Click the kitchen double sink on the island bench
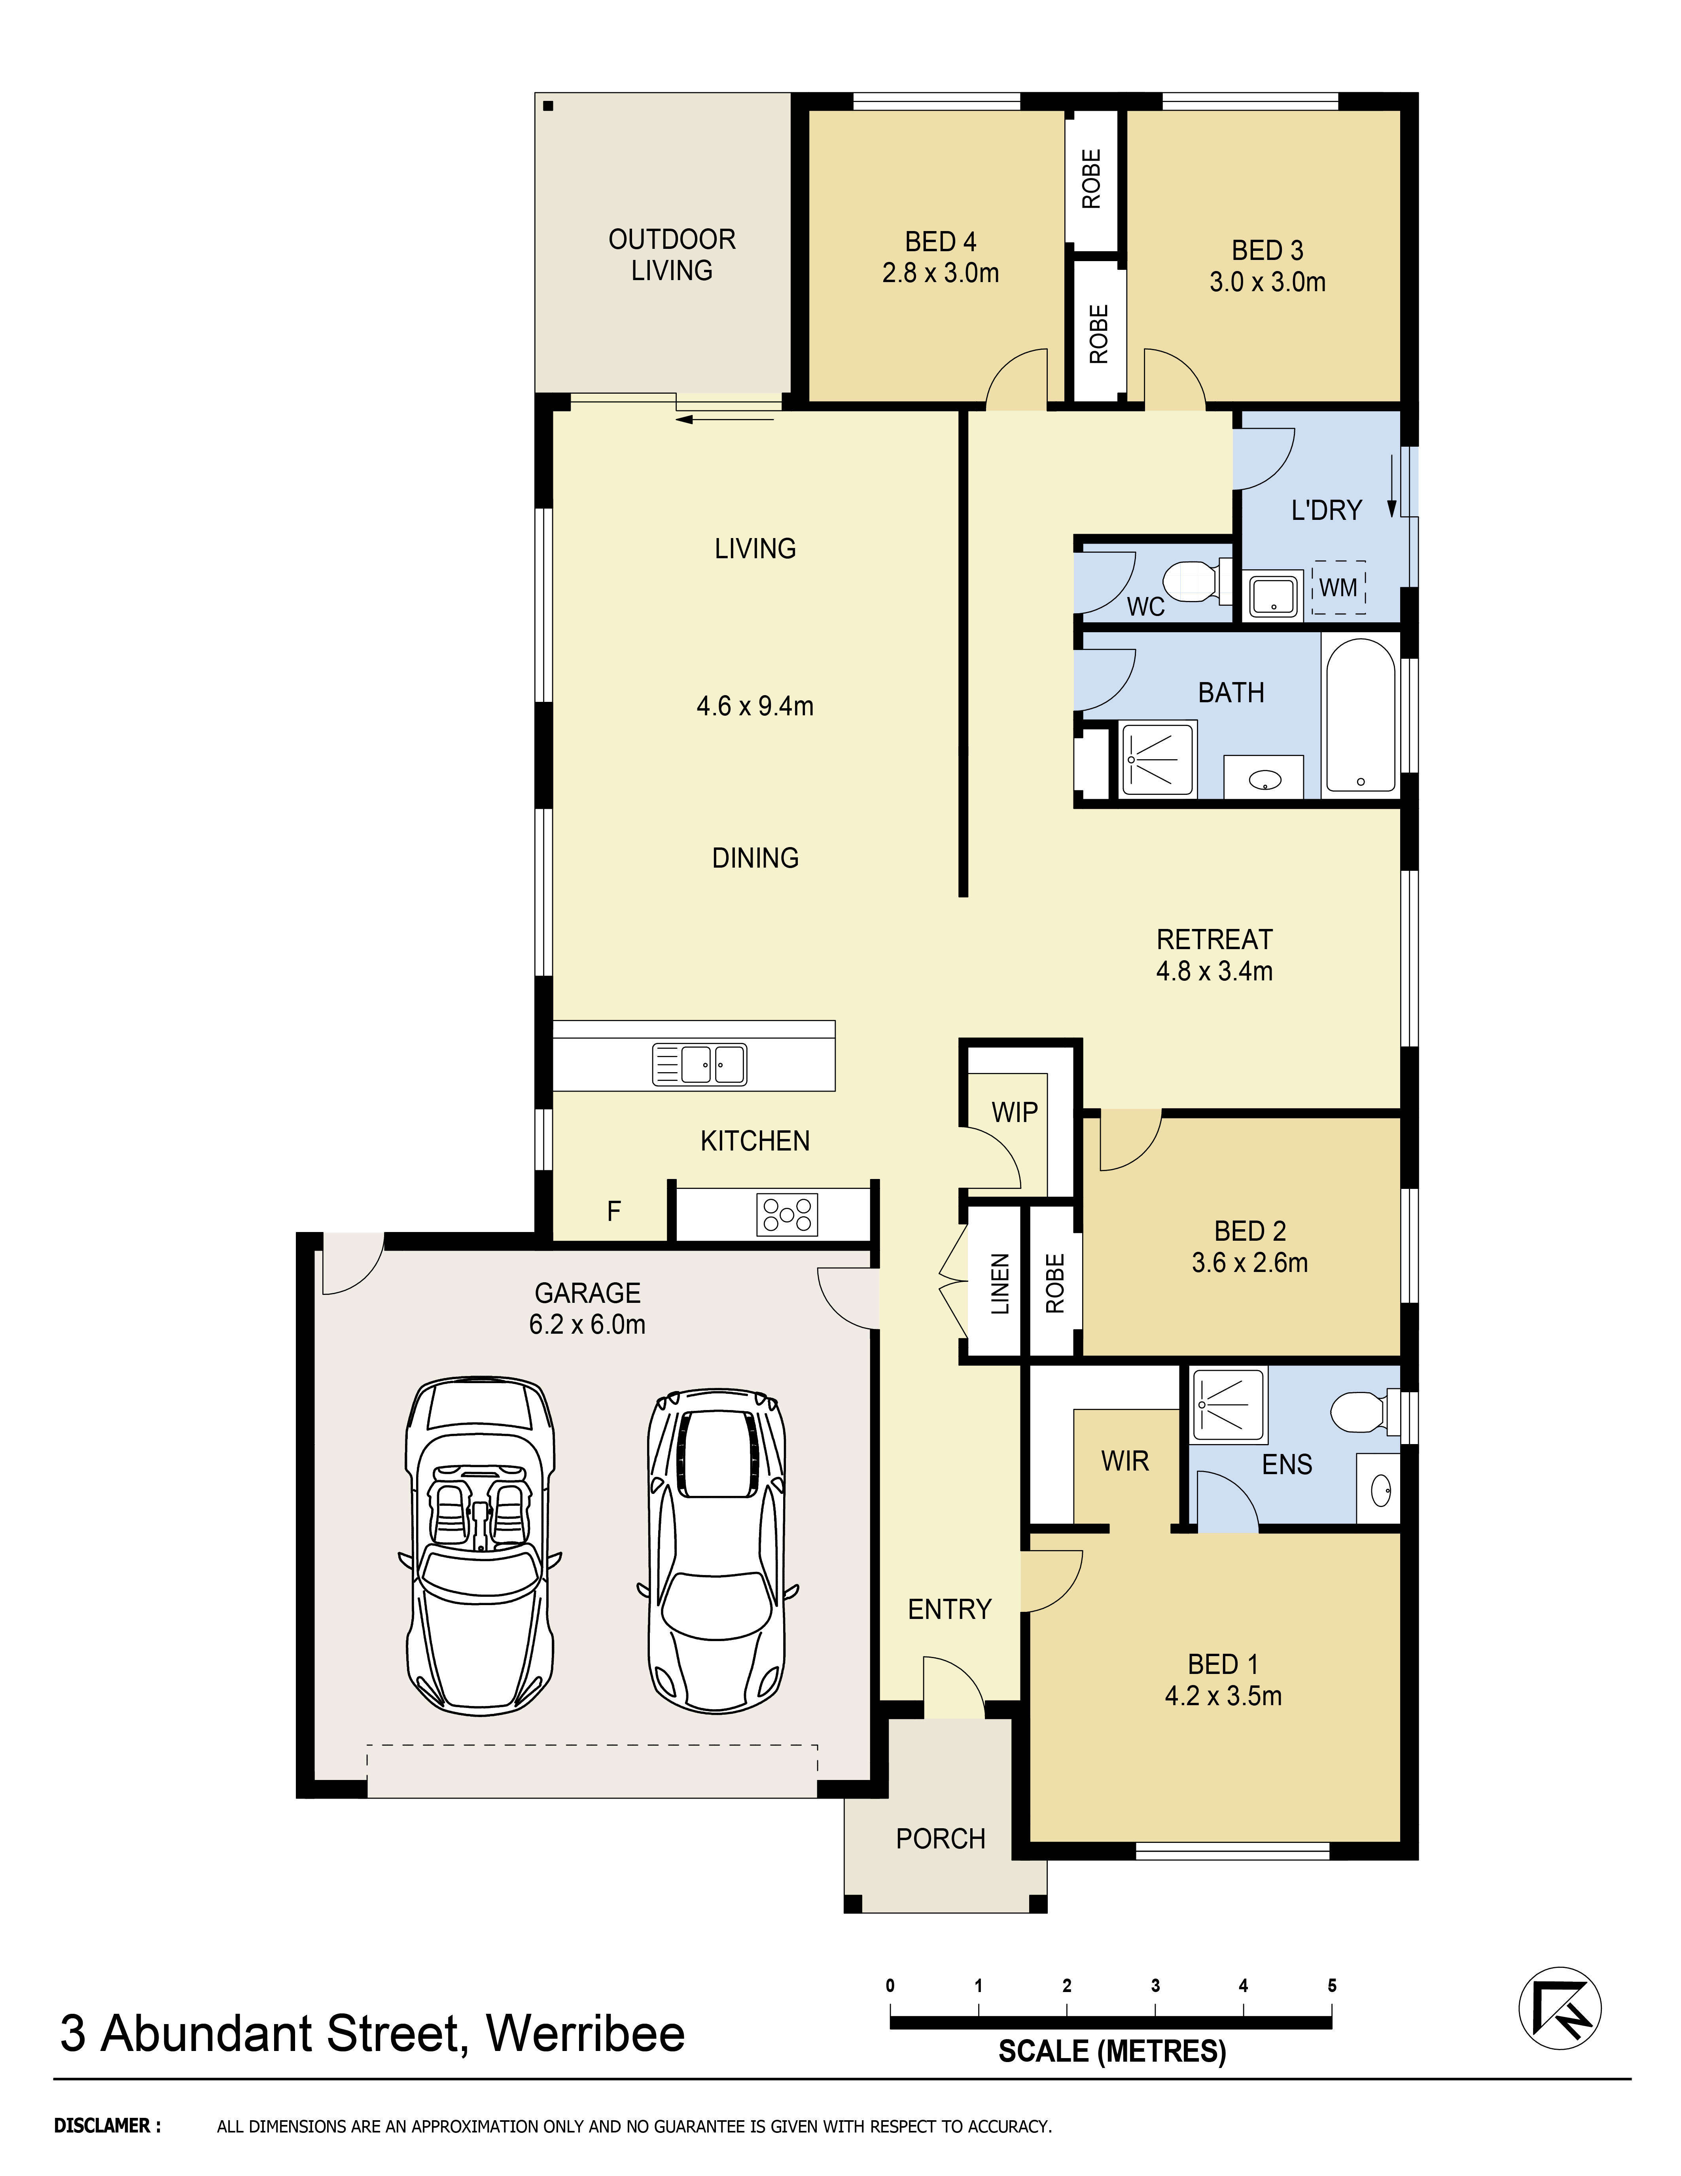(x=699, y=1064)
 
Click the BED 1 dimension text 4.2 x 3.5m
(x=1223, y=1696)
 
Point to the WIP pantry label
(x=1014, y=1112)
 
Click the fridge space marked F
(x=613, y=1211)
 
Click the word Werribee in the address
(x=585, y=2034)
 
